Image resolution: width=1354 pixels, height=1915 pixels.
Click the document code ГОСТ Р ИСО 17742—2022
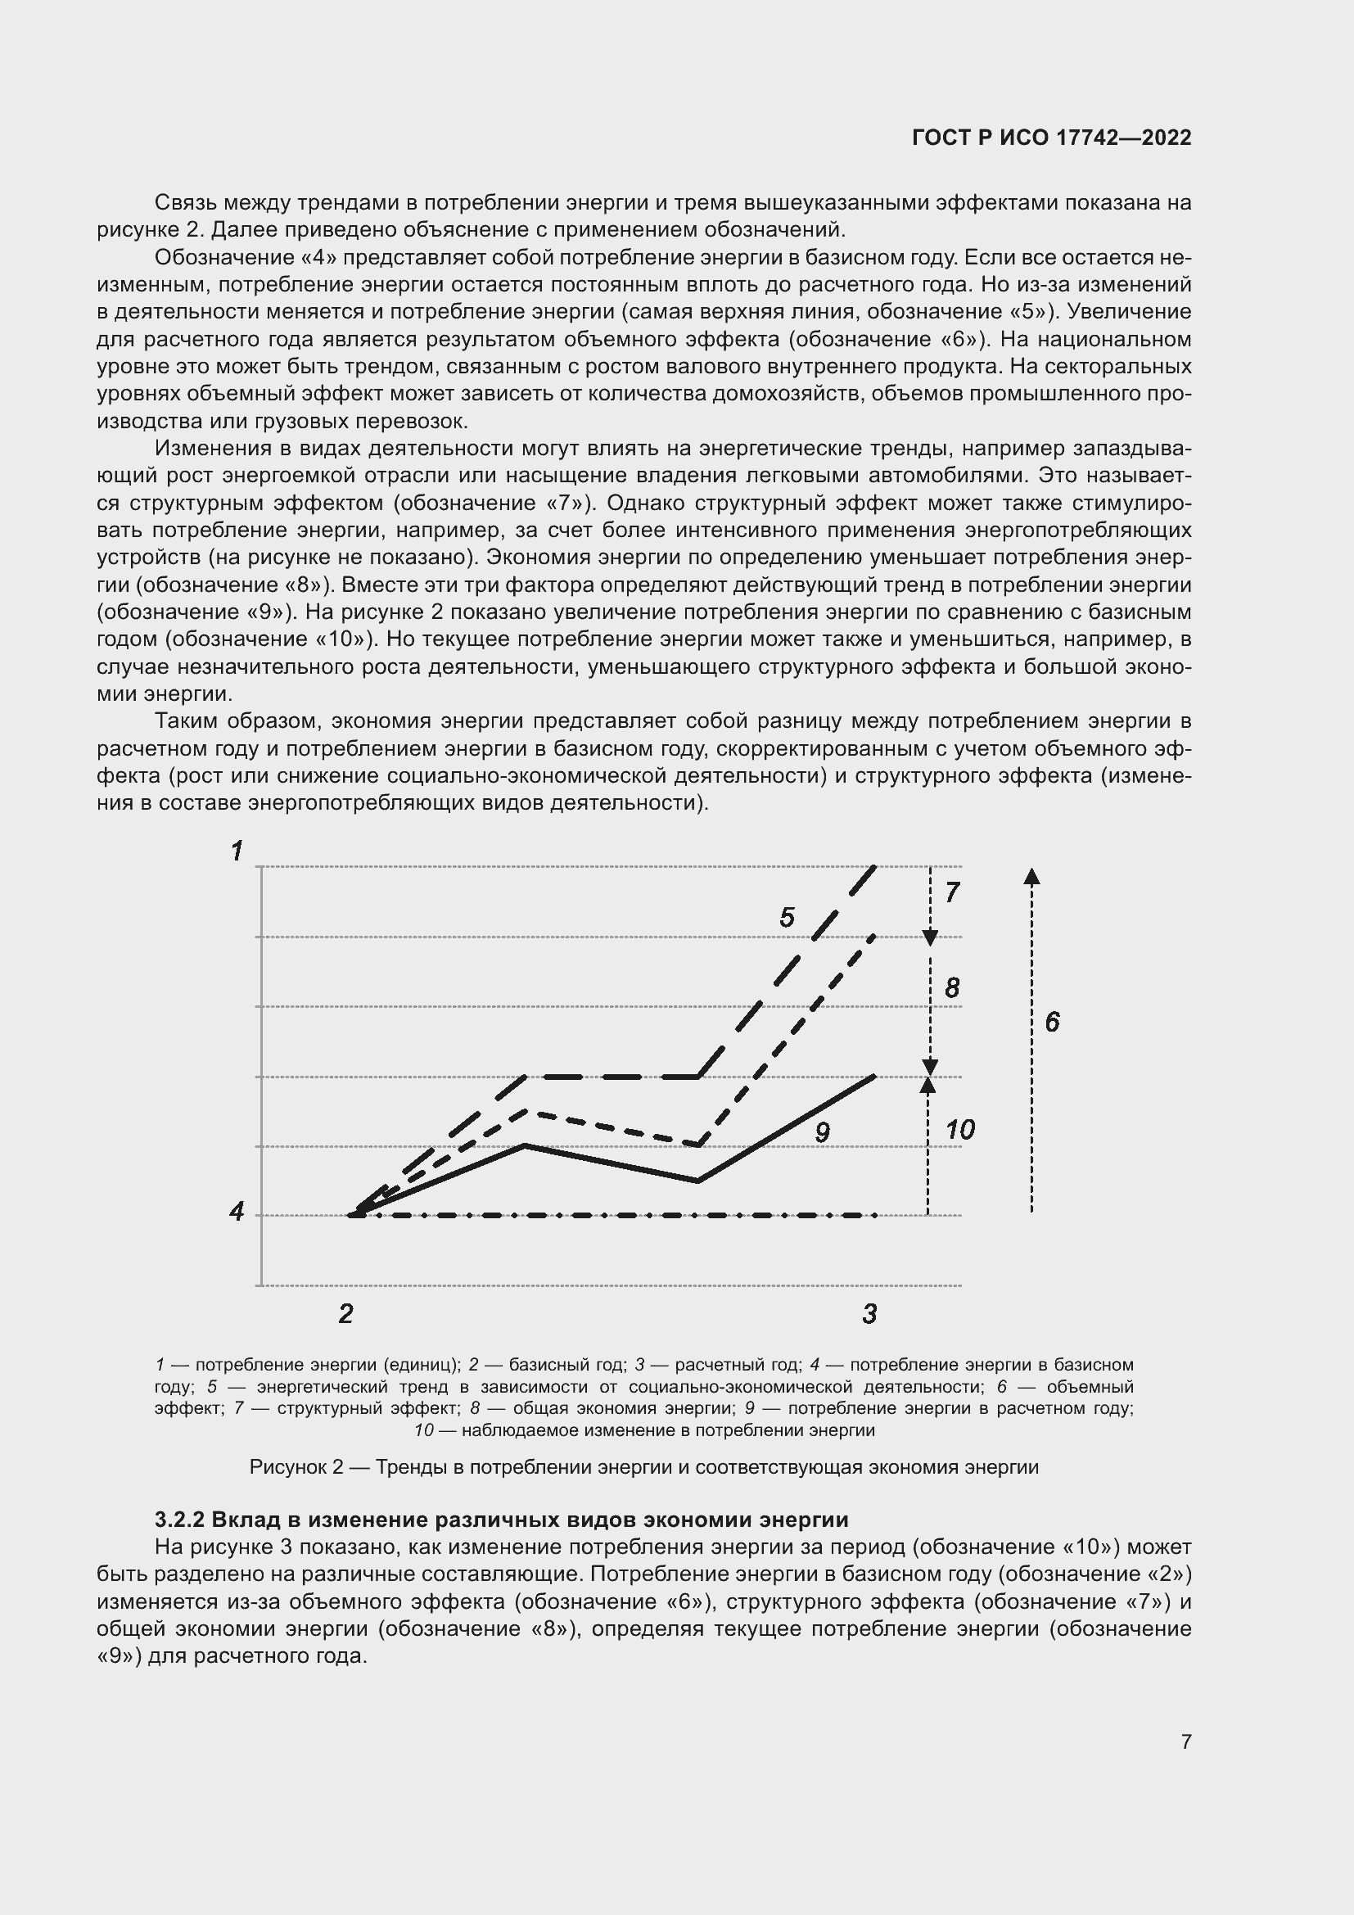[1051, 138]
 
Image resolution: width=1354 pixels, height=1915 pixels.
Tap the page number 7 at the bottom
[1185, 1741]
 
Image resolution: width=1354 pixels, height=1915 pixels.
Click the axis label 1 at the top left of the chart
[237, 851]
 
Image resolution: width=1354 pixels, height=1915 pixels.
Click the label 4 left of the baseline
[237, 1211]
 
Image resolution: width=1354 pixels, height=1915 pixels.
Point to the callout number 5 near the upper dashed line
[786, 918]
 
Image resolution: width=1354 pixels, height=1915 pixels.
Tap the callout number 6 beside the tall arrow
[1052, 1022]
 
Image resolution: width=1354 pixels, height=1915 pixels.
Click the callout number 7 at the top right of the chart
[952, 892]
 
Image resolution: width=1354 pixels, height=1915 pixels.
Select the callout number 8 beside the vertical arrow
[952, 988]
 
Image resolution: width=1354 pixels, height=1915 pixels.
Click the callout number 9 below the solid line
[822, 1132]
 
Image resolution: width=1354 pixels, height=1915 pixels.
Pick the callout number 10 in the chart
[959, 1130]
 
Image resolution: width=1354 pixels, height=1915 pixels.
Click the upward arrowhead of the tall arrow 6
[1031, 876]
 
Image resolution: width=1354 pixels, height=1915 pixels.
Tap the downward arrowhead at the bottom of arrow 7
[931, 938]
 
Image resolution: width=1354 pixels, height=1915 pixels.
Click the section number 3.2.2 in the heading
[179, 1519]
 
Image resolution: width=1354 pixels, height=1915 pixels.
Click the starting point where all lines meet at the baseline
[354, 1214]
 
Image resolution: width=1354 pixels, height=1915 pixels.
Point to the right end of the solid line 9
[873, 1077]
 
